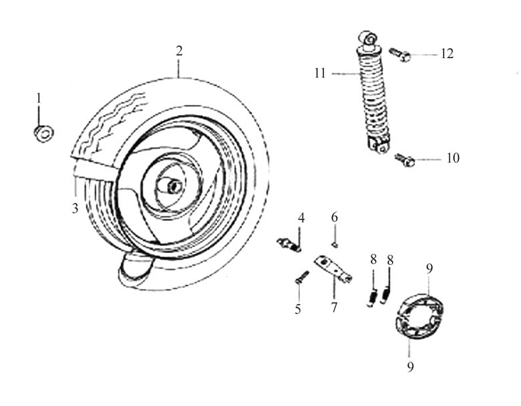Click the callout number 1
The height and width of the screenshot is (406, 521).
pyautogui.click(x=39, y=98)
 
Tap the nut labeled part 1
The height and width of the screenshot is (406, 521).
pyautogui.click(x=44, y=134)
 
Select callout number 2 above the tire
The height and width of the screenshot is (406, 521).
pyautogui.click(x=179, y=51)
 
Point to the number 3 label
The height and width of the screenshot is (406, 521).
pyautogui.click(x=75, y=208)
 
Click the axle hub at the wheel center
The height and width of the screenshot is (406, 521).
pyautogui.click(x=173, y=187)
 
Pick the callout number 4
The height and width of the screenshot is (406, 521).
pyautogui.click(x=301, y=218)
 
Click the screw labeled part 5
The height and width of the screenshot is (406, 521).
pyautogui.click(x=302, y=277)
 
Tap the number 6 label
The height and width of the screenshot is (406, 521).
pyautogui.click(x=334, y=217)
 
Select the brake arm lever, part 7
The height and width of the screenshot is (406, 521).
pyautogui.click(x=333, y=268)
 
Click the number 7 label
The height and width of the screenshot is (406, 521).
pyautogui.click(x=334, y=307)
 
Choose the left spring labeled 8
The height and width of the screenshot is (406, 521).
pyautogui.click(x=373, y=296)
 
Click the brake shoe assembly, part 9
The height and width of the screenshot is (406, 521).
pyautogui.click(x=419, y=316)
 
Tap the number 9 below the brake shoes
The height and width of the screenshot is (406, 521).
pyautogui.click(x=410, y=367)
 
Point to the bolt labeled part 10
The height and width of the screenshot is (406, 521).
pyautogui.click(x=405, y=160)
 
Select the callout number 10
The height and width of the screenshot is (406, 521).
pyautogui.click(x=453, y=158)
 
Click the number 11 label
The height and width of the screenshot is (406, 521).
pyautogui.click(x=320, y=73)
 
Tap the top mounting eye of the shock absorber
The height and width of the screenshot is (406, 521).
pyautogui.click(x=369, y=39)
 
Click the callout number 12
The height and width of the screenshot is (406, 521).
pyautogui.click(x=448, y=54)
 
